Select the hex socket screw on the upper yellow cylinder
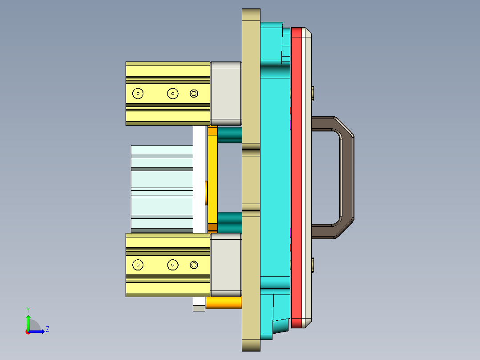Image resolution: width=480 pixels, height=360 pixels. [x=194, y=93]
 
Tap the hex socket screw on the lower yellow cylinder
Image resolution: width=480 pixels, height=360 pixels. [x=194, y=265]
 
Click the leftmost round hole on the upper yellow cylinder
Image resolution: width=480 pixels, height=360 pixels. [x=138, y=94]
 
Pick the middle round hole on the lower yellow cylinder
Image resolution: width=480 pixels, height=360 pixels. [x=173, y=265]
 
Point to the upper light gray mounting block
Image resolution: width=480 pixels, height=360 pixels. [x=226, y=93]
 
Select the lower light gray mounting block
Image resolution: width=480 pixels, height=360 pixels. [x=226, y=265]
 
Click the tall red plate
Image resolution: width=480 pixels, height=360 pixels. [x=296, y=178]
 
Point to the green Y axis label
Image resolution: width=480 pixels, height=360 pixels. [x=28, y=309]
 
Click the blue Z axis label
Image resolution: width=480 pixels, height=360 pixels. [x=47, y=329]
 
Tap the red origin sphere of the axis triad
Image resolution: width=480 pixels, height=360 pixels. [x=28, y=331]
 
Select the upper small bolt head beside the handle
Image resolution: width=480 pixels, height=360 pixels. [x=314, y=93]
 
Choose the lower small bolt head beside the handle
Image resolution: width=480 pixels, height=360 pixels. [x=314, y=265]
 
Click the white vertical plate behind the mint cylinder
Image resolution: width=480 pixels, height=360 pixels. [x=199, y=178]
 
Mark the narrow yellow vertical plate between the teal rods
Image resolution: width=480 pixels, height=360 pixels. [x=213, y=178]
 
